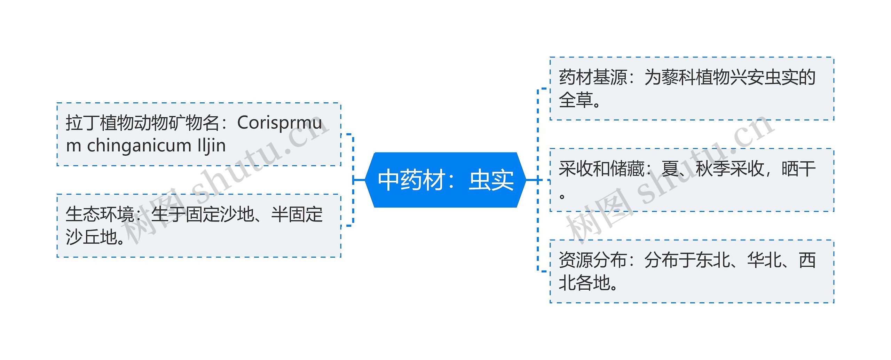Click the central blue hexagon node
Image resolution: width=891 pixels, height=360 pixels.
pos(445,180)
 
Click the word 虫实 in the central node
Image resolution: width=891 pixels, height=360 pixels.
pos(491,180)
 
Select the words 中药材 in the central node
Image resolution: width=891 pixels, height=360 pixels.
pos(412,180)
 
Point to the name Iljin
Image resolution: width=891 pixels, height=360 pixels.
pos(212,146)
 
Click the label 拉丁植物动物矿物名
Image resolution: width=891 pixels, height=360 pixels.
pos(142,123)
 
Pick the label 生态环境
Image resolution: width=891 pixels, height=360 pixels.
pos(100,214)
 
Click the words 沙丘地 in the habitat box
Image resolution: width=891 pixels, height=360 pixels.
pos(91,237)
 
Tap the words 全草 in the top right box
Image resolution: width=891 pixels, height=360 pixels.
pos(576,100)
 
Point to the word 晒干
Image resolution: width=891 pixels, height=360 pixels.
pos(798,169)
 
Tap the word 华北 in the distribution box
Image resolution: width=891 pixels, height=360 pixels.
pos(764,260)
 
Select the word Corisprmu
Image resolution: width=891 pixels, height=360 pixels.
pos(279,123)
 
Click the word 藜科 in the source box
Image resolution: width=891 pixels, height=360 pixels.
pos(678,77)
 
